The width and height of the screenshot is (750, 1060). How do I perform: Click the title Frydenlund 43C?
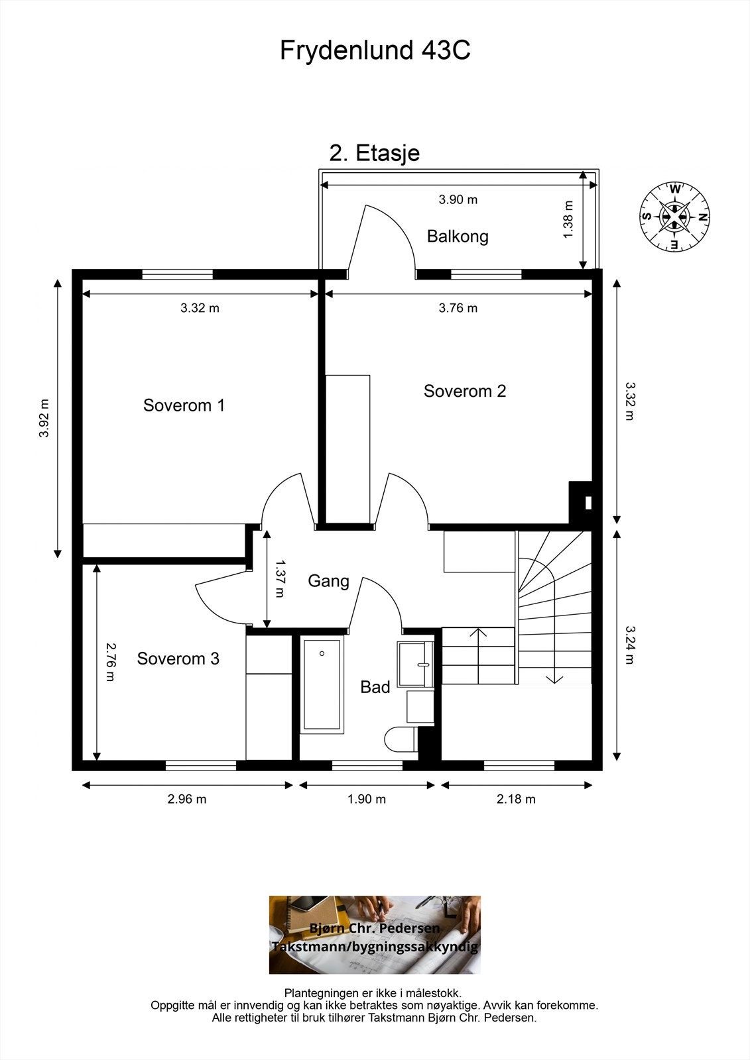pyautogui.click(x=375, y=50)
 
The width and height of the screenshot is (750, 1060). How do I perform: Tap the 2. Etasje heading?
pyautogui.click(x=374, y=153)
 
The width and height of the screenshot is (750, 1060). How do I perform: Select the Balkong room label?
pyautogui.click(x=457, y=236)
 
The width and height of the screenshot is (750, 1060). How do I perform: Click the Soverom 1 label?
pyautogui.click(x=184, y=405)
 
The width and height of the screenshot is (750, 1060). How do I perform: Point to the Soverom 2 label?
pyautogui.click(x=465, y=392)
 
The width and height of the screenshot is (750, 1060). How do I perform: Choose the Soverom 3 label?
pyautogui.click(x=178, y=659)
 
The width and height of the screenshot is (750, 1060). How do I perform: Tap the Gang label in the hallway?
pyautogui.click(x=328, y=581)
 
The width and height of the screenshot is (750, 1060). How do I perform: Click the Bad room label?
pyautogui.click(x=375, y=687)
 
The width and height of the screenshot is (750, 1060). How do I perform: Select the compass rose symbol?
pyautogui.click(x=674, y=217)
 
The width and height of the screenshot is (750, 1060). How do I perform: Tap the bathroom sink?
pyautogui.click(x=415, y=664)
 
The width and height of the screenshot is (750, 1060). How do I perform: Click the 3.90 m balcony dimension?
pyautogui.click(x=458, y=199)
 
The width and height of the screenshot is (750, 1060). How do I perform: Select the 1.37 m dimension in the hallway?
pyautogui.click(x=280, y=579)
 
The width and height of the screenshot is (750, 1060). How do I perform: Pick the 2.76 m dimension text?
pyautogui.click(x=110, y=662)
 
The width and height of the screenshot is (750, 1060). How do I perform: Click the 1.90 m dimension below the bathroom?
pyautogui.click(x=366, y=799)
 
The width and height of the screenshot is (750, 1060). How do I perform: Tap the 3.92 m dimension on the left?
pyautogui.click(x=44, y=418)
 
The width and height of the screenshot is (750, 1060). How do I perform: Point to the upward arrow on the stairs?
pyautogui.click(x=479, y=656)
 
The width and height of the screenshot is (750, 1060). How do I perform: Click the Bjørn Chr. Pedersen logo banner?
pyautogui.click(x=375, y=935)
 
